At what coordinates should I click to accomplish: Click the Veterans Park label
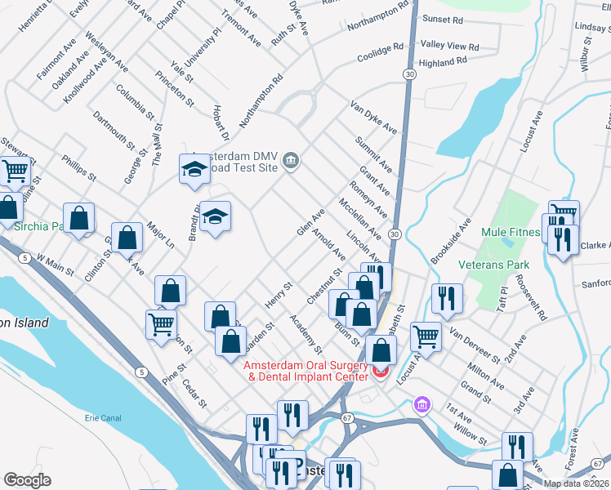(x=494, y=265)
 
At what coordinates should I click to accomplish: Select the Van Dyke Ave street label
(x=373, y=118)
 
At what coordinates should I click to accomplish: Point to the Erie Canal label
(x=103, y=418)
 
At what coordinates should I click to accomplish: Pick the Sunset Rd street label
(x=443, y=18)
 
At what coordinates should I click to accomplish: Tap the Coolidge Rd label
(x=381, y=51)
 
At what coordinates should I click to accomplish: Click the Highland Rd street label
(x=442, y=61)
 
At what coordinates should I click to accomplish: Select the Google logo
(x=27, y=480)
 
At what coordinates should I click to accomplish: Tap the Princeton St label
(x=181, y=91)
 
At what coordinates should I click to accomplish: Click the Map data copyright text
(x=577, y=483)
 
